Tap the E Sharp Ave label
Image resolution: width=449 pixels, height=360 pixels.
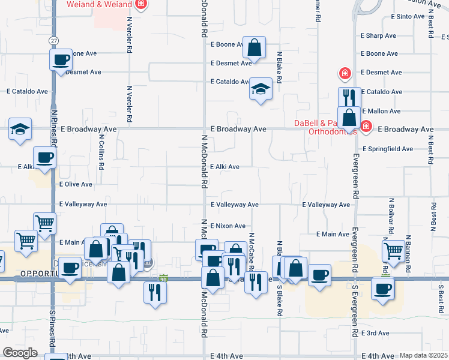[x=378, y=35]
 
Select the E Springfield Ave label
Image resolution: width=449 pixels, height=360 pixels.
[x=388, y=149]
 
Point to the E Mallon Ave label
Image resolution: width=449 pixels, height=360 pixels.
[x=381, y=111]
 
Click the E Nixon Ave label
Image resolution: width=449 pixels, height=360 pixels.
[x=228, y=226]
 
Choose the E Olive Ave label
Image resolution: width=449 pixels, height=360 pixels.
[x=76, y=184]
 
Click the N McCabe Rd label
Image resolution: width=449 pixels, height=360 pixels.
[x=251, y=252]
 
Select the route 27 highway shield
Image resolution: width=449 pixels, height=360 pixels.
[x=54, y=40]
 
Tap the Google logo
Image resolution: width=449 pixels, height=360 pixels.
[x=20, y=352]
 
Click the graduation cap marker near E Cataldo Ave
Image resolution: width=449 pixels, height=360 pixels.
[x=261, y=90]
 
